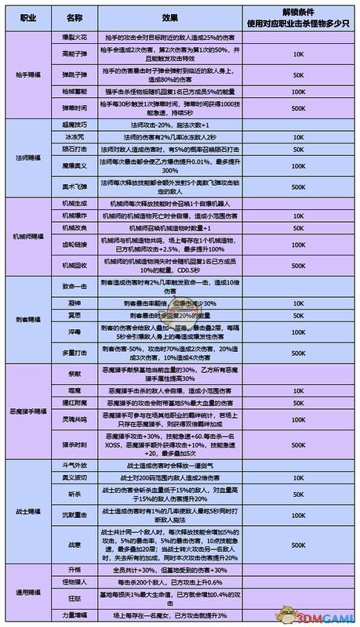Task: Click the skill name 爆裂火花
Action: click(75, 35)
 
